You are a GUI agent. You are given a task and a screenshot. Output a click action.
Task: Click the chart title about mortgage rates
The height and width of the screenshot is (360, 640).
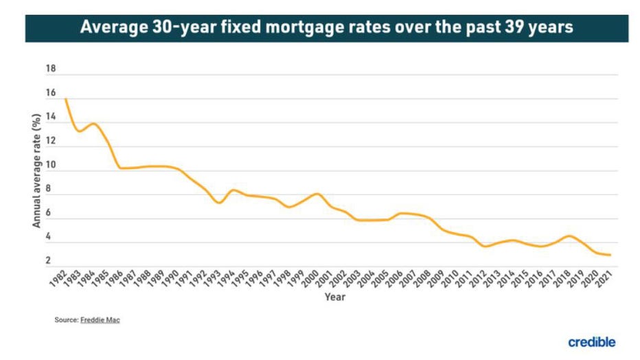[327, 28]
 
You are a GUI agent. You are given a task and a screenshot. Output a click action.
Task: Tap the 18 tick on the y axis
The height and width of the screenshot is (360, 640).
[50, 69]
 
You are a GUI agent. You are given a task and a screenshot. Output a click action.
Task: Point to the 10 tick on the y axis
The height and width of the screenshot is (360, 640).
[50, 166]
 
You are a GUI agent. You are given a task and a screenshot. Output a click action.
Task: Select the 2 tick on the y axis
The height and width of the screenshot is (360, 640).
[48, 260]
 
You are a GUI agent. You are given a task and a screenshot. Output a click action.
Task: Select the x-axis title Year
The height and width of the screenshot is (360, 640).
[335, 297]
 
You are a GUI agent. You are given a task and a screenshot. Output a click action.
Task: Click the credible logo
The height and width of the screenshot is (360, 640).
[591, 341]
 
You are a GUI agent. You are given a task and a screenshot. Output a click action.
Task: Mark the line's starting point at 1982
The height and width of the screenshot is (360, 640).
[65, 100]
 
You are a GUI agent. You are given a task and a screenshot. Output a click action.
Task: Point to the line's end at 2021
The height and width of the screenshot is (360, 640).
[610, 255]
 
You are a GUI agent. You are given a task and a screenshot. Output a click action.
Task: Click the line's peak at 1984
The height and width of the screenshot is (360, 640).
[93, 124]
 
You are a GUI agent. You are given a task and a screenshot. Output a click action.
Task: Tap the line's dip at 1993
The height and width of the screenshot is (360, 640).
[218, 203]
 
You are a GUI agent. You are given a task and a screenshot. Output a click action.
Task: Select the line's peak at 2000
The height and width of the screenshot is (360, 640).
[317, 194]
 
